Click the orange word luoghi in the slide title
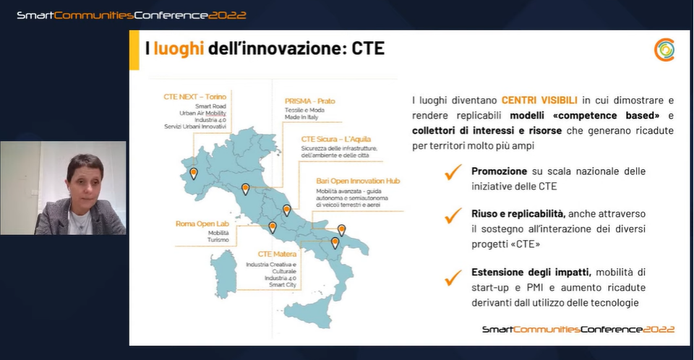(179, 48)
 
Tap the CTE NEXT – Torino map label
(194, 97)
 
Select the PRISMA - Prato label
(310, 101)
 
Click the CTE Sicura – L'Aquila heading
(336, 139)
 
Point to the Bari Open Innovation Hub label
(358, 181)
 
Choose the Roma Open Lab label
(202, 223)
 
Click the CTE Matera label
(277, 254)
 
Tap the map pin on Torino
(194, 173)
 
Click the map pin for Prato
(245, 189)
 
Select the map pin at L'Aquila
(287, 210)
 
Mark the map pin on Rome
(273, 228)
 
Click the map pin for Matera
(335, 243)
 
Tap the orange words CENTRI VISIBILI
(539, 100)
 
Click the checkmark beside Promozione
(453, 172)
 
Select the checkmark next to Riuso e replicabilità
(453, 215)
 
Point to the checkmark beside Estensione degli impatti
(453, 277)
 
